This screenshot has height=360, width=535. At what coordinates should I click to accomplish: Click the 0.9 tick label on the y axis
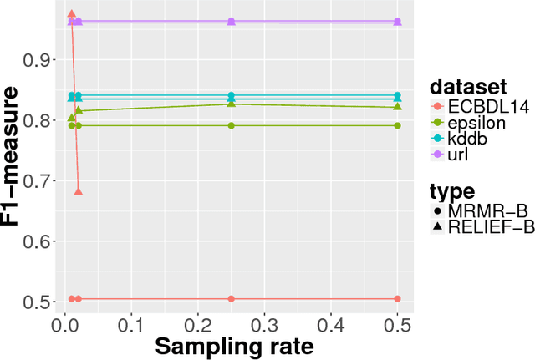(39, 60)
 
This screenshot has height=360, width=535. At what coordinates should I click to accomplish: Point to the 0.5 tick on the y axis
(39, 301)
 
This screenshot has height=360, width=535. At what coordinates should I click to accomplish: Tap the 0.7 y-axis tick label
(39, 180)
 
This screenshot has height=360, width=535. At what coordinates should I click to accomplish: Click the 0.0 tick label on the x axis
(65, 324)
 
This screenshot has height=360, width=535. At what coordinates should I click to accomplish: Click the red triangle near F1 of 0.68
(79, 191)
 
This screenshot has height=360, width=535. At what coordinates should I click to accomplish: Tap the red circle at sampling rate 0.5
(397, 298)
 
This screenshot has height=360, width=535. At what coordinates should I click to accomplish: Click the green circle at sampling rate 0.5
(397, 125)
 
